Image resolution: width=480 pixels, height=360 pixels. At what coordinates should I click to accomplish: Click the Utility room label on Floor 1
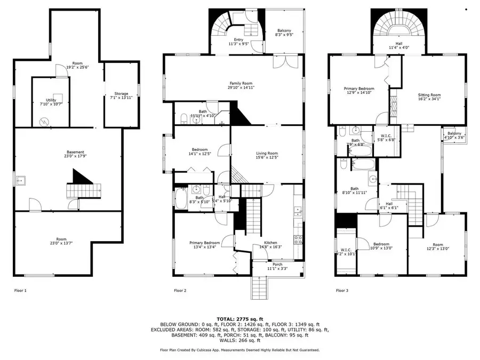pos(51,101)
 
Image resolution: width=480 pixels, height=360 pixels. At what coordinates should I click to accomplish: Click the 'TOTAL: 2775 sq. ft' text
pos(240,318)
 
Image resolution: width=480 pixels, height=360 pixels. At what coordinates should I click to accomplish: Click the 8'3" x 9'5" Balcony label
pos(284,33)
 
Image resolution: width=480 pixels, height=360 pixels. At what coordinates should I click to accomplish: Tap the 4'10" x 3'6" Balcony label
pos(454,135)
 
